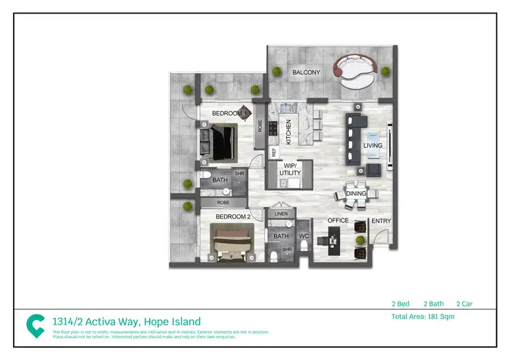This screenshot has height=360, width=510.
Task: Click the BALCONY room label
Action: pyautogui.click(x=306, y=72)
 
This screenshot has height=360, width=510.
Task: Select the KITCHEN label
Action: pyautogui.click(x=288, y=131)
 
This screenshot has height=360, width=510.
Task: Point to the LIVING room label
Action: pyautogui.click(x=373, y=146)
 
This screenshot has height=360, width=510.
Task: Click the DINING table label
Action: pyautogui.click(x=356, y=194)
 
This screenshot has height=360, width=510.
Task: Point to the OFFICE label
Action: pyautogui.click(x=338, y=220)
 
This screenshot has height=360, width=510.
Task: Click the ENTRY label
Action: pyautogui.click(x=380, y=220)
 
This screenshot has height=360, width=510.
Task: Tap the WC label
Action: pyautogui.click(x=303, y=236)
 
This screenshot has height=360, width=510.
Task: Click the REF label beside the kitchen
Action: pyautogui.click(x=274, y=153)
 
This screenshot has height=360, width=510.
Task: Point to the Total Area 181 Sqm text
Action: pyautogui.click(x=422, y=316)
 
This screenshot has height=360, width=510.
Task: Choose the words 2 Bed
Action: pyautogui.click(x=401, y=304)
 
